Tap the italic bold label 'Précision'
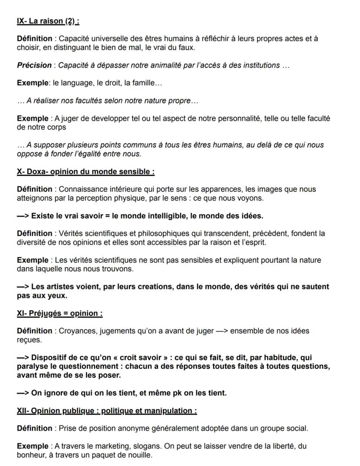(x=34, y=65)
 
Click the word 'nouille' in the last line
(x=140, y=455)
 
